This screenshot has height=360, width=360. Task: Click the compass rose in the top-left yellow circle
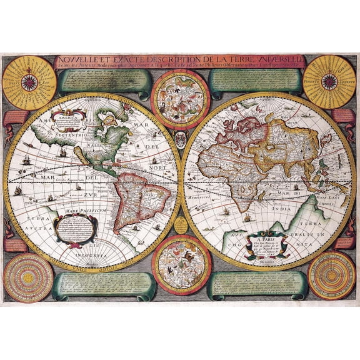point(29,82)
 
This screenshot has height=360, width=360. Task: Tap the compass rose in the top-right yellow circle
point(329,82)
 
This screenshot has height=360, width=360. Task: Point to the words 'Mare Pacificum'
point(76,212)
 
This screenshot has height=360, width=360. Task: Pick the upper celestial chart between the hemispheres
point(180,99)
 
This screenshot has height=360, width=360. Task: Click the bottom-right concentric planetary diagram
point(331,276)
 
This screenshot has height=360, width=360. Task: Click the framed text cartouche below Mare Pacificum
point(76,231)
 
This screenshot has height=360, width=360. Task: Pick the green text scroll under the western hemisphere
point(104,286)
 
